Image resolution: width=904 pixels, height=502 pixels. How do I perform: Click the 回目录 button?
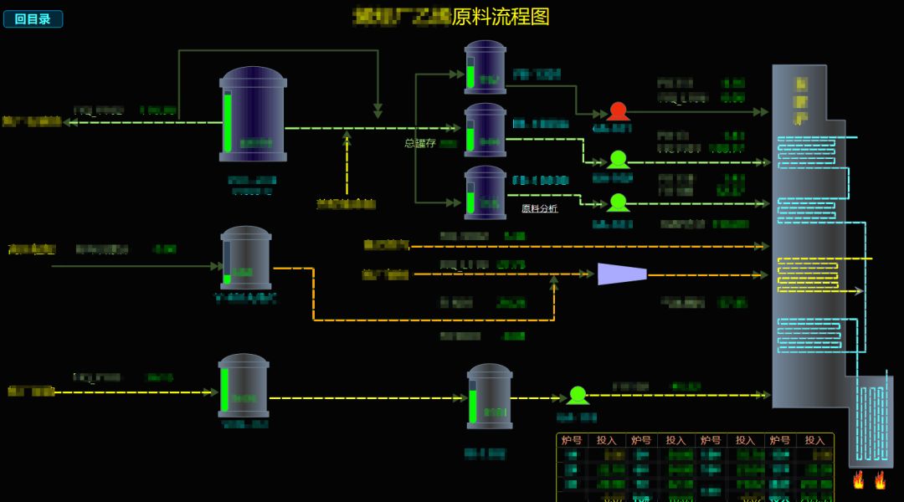coord(33,18)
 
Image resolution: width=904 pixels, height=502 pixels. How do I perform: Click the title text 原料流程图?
coord(501,17)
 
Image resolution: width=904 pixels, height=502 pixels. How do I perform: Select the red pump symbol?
coord(618,111)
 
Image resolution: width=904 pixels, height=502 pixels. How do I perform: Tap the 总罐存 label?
coord(420,143)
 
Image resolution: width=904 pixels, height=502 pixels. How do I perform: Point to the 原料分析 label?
coord(539,208)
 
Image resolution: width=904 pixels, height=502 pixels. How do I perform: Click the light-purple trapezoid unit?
coord(622,274)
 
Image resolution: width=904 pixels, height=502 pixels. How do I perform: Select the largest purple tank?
coord(253,115)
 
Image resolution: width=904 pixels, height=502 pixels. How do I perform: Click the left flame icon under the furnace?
coord(858,479)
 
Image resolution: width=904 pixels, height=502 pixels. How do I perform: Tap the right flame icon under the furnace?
coord(880,479)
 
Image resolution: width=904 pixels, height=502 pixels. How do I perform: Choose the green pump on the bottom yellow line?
coord(578,396)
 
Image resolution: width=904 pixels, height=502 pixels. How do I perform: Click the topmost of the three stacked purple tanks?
coord(485,67)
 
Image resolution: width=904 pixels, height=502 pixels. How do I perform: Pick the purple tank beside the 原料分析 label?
coord(485,192)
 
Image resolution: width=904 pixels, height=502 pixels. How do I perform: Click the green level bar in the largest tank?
coord(228,121)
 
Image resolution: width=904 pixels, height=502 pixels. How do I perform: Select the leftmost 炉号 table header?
coord(572,440)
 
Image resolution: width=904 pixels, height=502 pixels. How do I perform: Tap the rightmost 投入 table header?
coord(814,440)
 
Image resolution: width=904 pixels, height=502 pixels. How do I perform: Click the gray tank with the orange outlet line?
coord(246,258)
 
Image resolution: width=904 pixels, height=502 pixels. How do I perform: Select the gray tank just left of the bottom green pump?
coord(490,396)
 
